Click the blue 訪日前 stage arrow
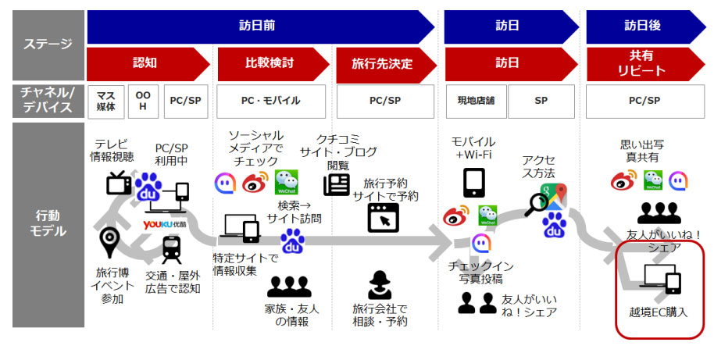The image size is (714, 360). (x=259, y=27)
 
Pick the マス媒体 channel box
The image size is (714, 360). (x=105, y=101)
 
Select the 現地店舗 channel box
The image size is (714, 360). (x=476, y=101)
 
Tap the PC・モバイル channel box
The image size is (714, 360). (x=271, y=101)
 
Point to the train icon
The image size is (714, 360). (x=171, y=249)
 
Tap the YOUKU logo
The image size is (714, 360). (x=165, y=224)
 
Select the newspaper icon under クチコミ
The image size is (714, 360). (x=337, y=184)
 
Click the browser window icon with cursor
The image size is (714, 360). (x=383, y=218)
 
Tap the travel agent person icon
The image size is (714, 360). (x=380, y=285)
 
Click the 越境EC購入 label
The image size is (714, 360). (x=658, y=312)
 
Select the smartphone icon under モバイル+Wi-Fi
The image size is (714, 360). (x=473, y=183)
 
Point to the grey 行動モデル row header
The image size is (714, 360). (x=48, y=225)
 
